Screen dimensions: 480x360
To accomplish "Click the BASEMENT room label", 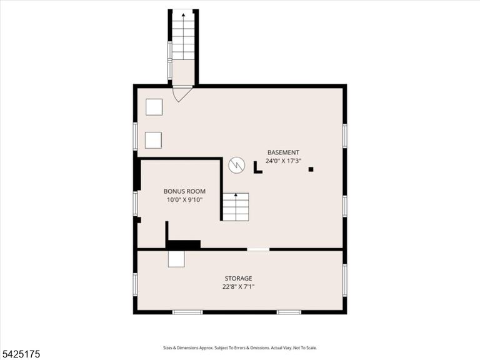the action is pyautogui.click(x=283, y=152).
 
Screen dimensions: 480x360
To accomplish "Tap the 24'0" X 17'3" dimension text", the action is pyautogui.click(x=283, y=161).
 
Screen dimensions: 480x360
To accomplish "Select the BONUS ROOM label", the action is pyautogui.click(x=184, y=191).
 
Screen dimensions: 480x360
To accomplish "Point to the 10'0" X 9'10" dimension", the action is pyautogui.click(x=184, y=200).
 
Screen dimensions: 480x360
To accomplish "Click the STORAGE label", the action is pyautogui.click(x=239, y=278).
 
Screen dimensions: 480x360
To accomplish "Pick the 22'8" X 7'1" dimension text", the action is pyautogui.click(x=239, y=287).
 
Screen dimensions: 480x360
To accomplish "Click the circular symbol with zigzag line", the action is pyautogui.click(x=237, y=166).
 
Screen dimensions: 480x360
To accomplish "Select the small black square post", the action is pyautogui.click(x=311, y=169).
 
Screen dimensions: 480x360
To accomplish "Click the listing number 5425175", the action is pyautogui.click(x=20, y=354).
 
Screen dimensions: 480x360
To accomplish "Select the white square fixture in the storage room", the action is pyautogui.click(x=176, y=259).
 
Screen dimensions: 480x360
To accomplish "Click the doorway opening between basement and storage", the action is pyautogui.click(x=258, y=249).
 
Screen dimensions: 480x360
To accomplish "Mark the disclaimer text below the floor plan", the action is pyautogui.click(x=240, y=347).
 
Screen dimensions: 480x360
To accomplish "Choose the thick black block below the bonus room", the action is pyautogui.click(x=183, y=244).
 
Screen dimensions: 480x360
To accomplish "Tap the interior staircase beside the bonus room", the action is pyautogui.click(x=236, y=207).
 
